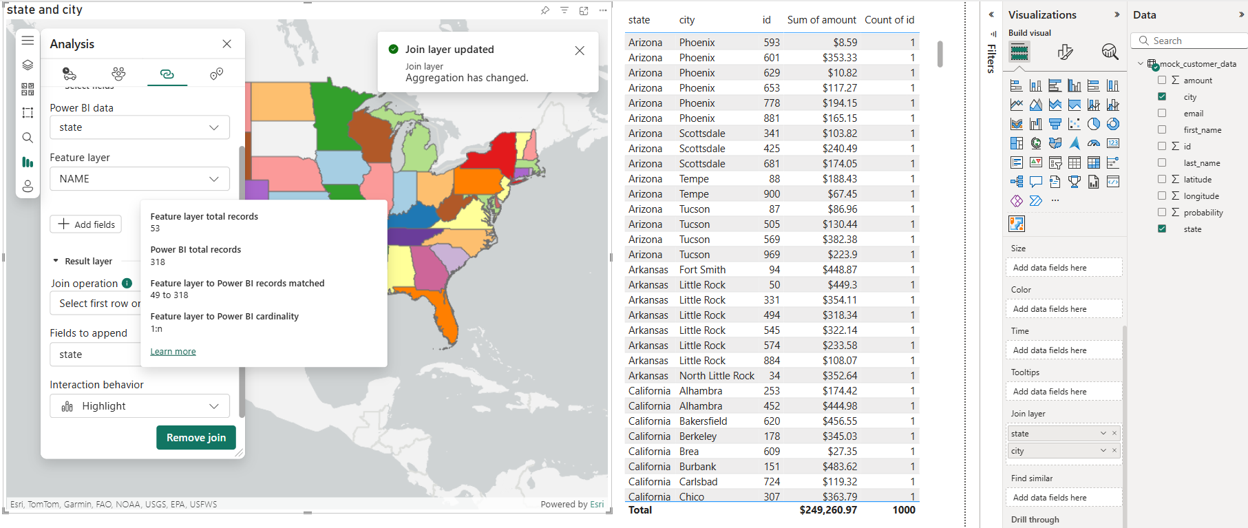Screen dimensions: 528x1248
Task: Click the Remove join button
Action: point(195,438)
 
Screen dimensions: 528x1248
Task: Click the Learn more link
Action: point(173,352)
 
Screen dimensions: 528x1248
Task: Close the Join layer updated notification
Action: point(580,50)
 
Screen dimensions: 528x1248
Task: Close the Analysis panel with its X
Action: point(226,44)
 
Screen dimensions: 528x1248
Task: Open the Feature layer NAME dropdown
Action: point(140,179)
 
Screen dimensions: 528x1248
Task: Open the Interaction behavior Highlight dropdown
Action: point(140,406)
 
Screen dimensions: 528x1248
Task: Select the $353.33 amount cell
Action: point(839,58)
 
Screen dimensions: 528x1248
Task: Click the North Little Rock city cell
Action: point(717,376)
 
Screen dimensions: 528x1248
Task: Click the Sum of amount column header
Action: point(821,20)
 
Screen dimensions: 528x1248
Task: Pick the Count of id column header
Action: point(889,20)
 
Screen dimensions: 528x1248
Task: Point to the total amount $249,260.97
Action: point(828,510)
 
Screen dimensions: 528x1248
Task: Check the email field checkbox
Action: point(1162,114)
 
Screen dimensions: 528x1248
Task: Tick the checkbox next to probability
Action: point(1162,213)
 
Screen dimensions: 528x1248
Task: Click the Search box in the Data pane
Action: point(1191,41)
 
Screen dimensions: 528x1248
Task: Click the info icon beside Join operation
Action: point(127,283)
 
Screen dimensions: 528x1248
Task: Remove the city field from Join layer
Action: point(1114,450)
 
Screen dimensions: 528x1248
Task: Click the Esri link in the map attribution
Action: point(597,505)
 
